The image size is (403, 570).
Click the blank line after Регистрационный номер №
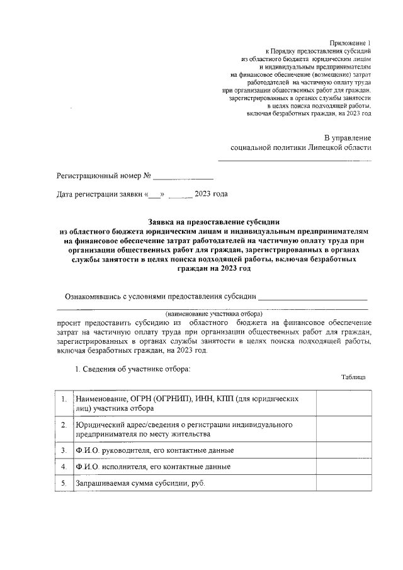[183, 176]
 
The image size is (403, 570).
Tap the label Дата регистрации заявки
[100, 194]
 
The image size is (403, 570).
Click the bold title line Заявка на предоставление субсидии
[213, 222]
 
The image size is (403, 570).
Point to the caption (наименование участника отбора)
[213, 313]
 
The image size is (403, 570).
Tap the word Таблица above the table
[353, 377]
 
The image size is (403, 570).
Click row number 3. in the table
[64, 451]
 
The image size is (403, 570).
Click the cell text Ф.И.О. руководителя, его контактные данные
[155, 451]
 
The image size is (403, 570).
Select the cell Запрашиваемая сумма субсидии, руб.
[140, 483]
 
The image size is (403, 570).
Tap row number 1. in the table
[64, 399]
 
